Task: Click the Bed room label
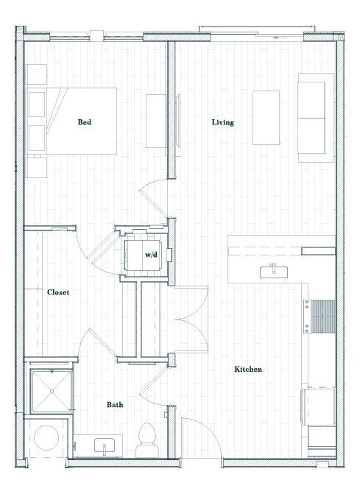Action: pos(85,122)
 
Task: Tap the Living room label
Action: pos(222,122)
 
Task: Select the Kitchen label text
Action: pos(248,369)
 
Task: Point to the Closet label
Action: pos(58,292)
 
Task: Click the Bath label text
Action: pos(115,404)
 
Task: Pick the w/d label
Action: pos(151,255)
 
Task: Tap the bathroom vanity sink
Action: pos(105,445)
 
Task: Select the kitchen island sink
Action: pos(274,272)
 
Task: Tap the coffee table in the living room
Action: pos(266,117)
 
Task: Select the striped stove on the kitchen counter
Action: pos(323,317)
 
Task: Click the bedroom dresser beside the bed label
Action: pos(155,121)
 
